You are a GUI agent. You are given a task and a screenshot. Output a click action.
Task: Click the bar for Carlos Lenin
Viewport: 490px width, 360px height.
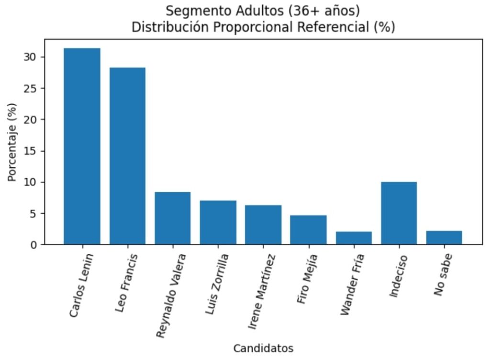(x=82, y=146)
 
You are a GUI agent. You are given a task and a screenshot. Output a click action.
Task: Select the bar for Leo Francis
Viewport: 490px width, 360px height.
(x=127, y=156)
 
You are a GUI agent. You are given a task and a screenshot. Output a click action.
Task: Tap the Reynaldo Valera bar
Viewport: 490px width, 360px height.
(x=172, y=218)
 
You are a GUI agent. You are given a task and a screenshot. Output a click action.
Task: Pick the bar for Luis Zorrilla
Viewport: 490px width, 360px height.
(x=218, y=222)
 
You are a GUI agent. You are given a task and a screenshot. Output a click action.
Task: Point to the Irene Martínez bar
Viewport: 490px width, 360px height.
(x=263, y=225)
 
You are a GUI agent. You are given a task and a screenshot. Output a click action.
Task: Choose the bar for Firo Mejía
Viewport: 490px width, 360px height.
(x=308, y=230)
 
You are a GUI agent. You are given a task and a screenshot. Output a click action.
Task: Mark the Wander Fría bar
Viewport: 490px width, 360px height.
(x=354, y=238)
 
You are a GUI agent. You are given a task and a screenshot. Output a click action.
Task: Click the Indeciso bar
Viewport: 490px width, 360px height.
(x=399, y=213)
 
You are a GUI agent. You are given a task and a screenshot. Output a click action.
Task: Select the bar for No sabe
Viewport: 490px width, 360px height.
(x=444, y=238)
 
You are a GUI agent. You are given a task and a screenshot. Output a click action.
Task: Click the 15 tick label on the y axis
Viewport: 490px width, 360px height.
(x=33, y=151)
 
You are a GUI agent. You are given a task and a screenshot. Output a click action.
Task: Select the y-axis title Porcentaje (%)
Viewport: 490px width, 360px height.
(x=12, y=142)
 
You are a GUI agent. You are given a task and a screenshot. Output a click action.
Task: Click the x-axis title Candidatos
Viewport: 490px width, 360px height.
(x=263, y=349)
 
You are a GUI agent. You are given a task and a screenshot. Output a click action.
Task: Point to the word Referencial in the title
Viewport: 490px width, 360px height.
(x=333, y=27)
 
